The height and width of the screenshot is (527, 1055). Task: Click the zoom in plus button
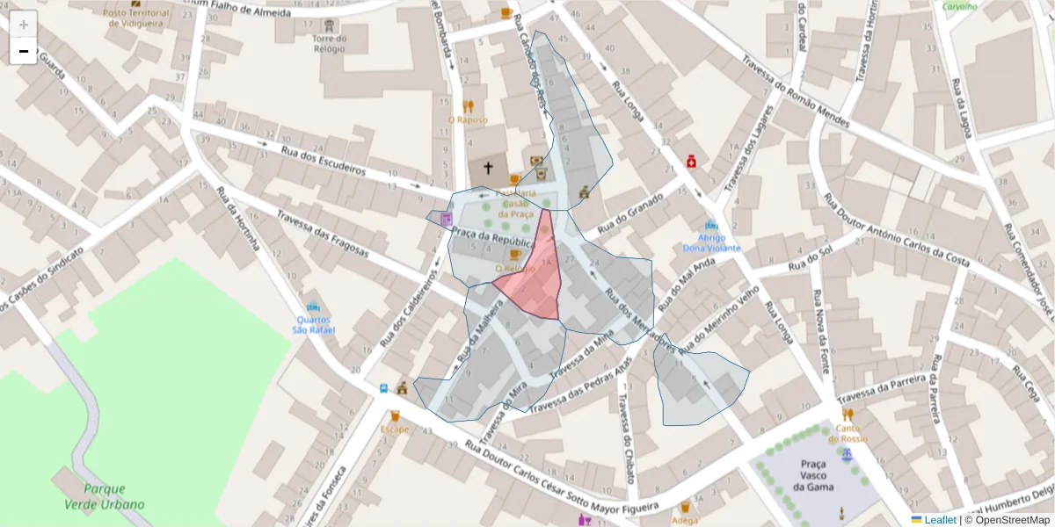pyautogui.click(x=24, y=25)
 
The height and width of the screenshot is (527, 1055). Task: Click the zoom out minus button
pyautogui.click(x=24, y=51)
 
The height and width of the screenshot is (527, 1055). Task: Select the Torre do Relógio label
pyautogui.click(x=330, y=44)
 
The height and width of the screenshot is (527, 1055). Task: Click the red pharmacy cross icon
pyautogui.click(x=692, y=161)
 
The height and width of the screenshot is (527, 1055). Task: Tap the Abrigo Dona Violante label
pyautogui.click(x=712, y=242)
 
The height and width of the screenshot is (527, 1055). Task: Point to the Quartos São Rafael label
pyautogui.click(x=314, y=324)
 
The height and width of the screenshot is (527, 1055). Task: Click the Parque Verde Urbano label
pyautogui.click(x=104, y=496)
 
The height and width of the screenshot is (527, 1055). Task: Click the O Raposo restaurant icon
pyautogui.click(x=467, y=106)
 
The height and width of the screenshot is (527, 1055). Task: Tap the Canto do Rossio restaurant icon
pyautogui.click(x=848, y=414)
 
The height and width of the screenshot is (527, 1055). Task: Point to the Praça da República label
pyautogui.click(x=493, y=241)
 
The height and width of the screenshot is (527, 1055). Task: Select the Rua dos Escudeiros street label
pyautogui.click(x=324, y=160)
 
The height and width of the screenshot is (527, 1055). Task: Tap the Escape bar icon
pyautogui.click(x=395, y=415)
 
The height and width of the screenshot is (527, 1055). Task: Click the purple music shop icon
pyautogui.click(x=447, y=218)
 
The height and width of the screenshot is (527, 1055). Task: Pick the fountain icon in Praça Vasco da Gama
pyautogui.click(x=847, y=455)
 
